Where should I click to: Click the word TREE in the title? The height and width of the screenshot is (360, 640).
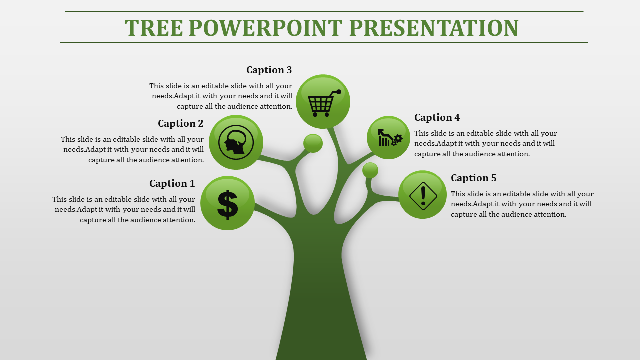154,28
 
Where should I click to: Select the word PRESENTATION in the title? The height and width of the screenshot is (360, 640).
434,28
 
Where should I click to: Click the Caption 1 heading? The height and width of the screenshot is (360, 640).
172,183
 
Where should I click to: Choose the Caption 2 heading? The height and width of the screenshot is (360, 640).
181,123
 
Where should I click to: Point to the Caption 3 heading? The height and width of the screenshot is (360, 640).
269,70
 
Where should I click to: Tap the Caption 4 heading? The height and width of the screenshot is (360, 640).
437,117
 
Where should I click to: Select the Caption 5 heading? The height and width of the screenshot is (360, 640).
474,178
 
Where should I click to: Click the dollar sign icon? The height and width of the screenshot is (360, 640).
227,205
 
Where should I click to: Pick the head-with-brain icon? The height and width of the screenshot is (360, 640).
236,142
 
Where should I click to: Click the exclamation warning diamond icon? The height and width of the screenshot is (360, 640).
423,196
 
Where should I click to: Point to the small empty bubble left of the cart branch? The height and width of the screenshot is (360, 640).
313,143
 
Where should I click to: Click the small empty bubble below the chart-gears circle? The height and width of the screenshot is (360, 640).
370,170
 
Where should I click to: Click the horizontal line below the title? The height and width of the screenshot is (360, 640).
324,43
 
